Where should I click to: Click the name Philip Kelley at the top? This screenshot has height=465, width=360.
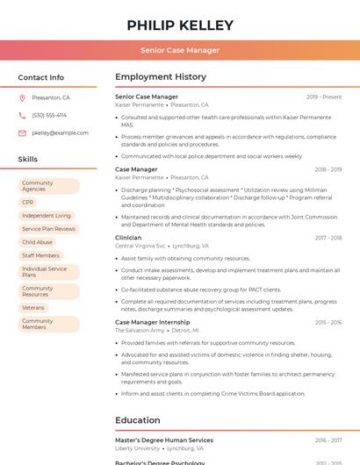click(x=180, y=25)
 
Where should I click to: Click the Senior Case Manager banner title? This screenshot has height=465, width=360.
click(x=180, y=50)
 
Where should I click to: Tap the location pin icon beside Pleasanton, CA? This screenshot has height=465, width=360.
click(x=22, y=98)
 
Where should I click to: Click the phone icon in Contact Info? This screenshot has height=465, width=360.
click(x=22, y=116)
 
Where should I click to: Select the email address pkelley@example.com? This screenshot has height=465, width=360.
click(x=60, y=133)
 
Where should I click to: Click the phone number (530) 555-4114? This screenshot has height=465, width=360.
click(x=49, y=116)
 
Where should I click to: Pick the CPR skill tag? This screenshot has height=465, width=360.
click(x=28, y=202)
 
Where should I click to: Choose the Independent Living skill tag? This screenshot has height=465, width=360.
click(x=47, y=215)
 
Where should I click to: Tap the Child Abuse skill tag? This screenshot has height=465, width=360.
click(x=38, y=242)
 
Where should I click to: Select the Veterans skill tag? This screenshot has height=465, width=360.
click(x=34, y=307)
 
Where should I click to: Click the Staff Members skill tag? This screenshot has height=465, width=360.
click(x=41, y=255)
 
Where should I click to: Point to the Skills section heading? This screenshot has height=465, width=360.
click(x=28, y=160)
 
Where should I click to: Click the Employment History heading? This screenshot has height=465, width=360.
click(x=161, y=77)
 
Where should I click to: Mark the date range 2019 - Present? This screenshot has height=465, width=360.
click(x=324, y=97)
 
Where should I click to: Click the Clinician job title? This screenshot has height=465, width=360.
click(x=128, y=238)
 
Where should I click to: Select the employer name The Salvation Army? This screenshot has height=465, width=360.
click(x=140, y=331)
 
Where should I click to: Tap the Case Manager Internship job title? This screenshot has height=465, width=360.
click(x=153, y=322)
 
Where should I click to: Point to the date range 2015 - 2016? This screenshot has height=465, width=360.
click(x=328, y=322)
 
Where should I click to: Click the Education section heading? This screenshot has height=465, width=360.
click(x=138, y=420)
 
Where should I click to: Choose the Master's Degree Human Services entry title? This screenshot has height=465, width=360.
click(x=164, y=440)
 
